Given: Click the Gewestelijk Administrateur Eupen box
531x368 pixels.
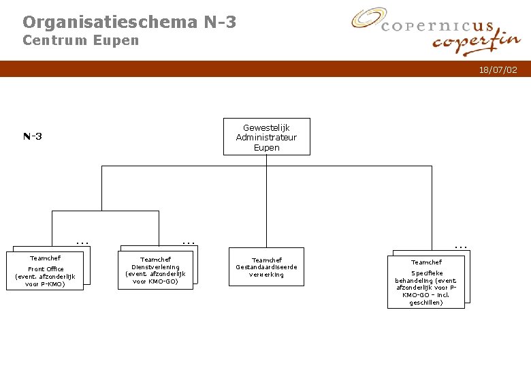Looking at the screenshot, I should (x=266, y=137).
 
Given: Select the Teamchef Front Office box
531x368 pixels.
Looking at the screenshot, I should (x=45, y=271).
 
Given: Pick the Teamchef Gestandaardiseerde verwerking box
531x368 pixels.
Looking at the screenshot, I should (x=266, y=266).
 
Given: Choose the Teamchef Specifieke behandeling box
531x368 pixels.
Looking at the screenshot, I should (x=426, y=281).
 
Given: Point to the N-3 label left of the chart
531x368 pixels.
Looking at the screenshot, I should (x=32, y=136).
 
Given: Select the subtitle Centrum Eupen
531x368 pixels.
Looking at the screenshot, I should (x=80, y=40).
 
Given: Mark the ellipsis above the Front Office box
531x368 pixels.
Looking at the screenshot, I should (x=82, y=241).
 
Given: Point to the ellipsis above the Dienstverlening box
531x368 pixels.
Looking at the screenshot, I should (x=189, y=241).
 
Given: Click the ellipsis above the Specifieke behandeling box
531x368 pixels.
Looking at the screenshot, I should (x=461, y=245).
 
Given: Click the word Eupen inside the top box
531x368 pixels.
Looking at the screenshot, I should (x=266, y=147).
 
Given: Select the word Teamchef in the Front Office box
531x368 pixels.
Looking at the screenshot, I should (x=45, y=258).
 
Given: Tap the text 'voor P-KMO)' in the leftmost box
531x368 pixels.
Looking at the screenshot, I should (x=45, y=284).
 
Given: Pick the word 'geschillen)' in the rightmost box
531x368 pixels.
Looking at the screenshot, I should (x=426, y=303).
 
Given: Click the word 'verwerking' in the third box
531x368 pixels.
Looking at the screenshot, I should (x=266, y=275).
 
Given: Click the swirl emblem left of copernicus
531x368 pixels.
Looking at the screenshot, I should (x=368, y=18).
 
